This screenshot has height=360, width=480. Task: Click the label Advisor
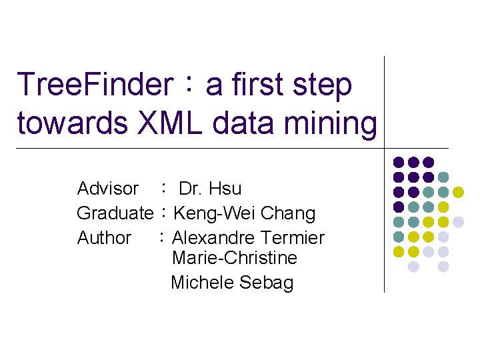click(108, 189)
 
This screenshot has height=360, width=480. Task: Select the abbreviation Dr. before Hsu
click(191, 189)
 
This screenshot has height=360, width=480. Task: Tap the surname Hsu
click(225, 189)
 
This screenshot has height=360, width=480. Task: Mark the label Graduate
click(115, 213)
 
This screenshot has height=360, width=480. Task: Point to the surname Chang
click(288, 213)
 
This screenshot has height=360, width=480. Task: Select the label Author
click(104, 237)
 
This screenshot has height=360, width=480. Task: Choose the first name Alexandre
click(214, 237)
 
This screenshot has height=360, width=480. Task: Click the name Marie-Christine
click(234, 258)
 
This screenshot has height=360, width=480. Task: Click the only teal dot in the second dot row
click(443, 177)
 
